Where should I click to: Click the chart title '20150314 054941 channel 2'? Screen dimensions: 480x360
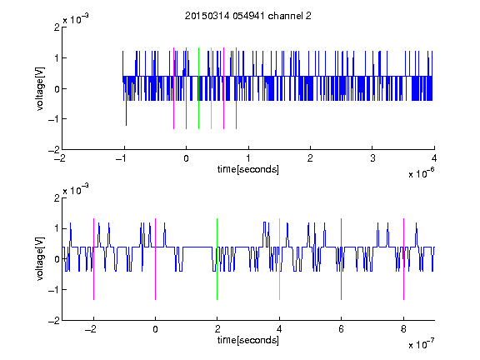pos(248,16)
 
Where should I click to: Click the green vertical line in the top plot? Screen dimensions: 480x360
pos(198,88)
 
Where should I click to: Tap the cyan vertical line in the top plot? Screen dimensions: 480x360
pos(211,88)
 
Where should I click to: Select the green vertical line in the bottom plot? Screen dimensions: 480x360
pos(217,259)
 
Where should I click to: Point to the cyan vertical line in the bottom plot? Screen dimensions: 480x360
pos(279,259)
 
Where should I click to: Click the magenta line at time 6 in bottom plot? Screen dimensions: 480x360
pos(342,259)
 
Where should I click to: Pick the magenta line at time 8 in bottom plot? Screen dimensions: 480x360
pos(404,259)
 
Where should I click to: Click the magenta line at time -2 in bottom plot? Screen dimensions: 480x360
pos(93,259)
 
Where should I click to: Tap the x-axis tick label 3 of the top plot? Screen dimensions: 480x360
pos(372,158)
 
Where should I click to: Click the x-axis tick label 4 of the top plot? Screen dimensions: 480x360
pos(434,158)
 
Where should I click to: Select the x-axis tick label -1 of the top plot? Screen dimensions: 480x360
pos(122,158)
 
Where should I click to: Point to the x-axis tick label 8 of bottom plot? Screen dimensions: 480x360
pos(403,329)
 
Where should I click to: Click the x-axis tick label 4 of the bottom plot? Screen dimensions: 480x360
pos(279,329)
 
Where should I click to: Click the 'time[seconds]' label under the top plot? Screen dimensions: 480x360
pos(248,169)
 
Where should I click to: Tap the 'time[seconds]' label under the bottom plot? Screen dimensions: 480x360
pos(248,340)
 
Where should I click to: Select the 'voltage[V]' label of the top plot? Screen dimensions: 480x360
pos(40,88)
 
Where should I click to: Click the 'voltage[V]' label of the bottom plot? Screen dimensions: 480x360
pos(40,259)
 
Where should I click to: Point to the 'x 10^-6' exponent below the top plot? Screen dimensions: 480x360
pos(421,172)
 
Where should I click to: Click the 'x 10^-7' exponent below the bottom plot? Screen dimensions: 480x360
pos(421,343)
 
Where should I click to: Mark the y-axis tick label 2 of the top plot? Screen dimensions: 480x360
pos(57,27)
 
